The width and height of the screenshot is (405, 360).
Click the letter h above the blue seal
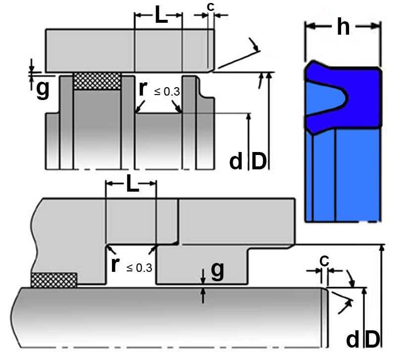343,28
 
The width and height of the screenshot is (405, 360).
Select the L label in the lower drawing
131,185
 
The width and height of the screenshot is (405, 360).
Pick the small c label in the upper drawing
211,7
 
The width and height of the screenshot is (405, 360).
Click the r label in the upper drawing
143,89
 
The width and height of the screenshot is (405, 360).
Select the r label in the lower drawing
115,264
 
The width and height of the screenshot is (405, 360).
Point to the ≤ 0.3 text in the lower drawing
139,268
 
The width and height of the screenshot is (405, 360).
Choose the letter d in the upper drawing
237,161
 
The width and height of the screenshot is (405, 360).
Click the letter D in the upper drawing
259,161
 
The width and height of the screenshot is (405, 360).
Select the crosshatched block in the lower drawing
54,280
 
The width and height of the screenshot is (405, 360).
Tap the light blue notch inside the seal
322,102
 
